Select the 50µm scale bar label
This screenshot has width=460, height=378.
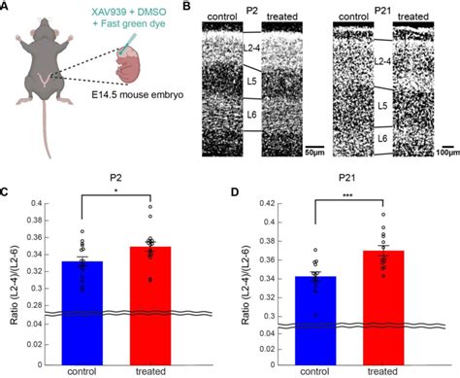pos(310,153)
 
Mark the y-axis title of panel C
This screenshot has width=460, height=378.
pos(11,277)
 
